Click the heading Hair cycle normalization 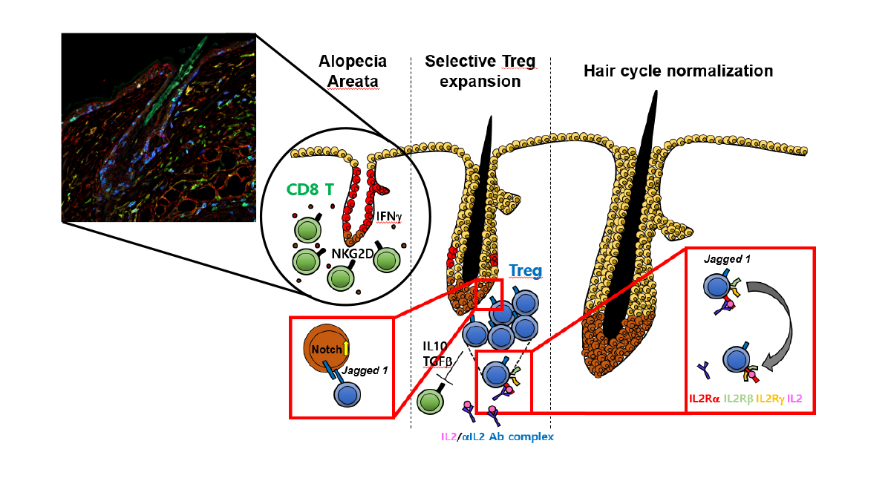click(x=678, y=71)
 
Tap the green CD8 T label click(x=310, y=190)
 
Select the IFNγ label click(x=389, y=216)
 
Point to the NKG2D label click(x=353, y=254)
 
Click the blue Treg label click(x=526, y=270)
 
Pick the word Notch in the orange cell click(x=327, y=350)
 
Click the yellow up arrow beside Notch click(x=346, y=348)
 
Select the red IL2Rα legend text click(x=704, y=399)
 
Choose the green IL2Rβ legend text click(x=739, y=399)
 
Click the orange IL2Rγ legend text click(x=770, y=399)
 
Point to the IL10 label click(x=435, y=347)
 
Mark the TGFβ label click(x=437, y=361)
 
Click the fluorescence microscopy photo click(x=159, y=128)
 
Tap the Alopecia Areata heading click(x=353, y=71)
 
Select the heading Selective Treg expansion click(x=480, y=71)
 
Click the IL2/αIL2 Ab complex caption click(x=497, y=436)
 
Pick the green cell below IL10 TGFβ click(x=431, y=402)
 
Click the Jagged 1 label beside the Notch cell click(x=365, y=370)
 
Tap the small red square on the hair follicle click(x=489, y=294)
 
